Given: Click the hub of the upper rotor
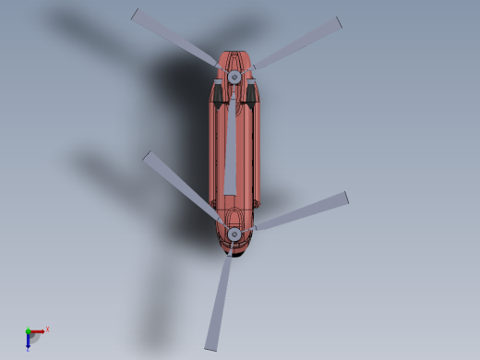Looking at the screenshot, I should coord(234,76).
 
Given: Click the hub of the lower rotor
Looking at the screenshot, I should coord(234,234).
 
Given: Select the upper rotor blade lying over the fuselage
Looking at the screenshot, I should coord(231,148).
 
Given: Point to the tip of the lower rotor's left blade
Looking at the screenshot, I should coord(148,157).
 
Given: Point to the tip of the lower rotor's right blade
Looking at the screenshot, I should coord(345,198).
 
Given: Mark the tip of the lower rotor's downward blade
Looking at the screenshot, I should coord(210,348).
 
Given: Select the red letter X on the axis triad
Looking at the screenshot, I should coord(47,329).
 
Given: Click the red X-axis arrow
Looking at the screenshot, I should coord(39,331).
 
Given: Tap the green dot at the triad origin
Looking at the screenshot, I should coord(28,331).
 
